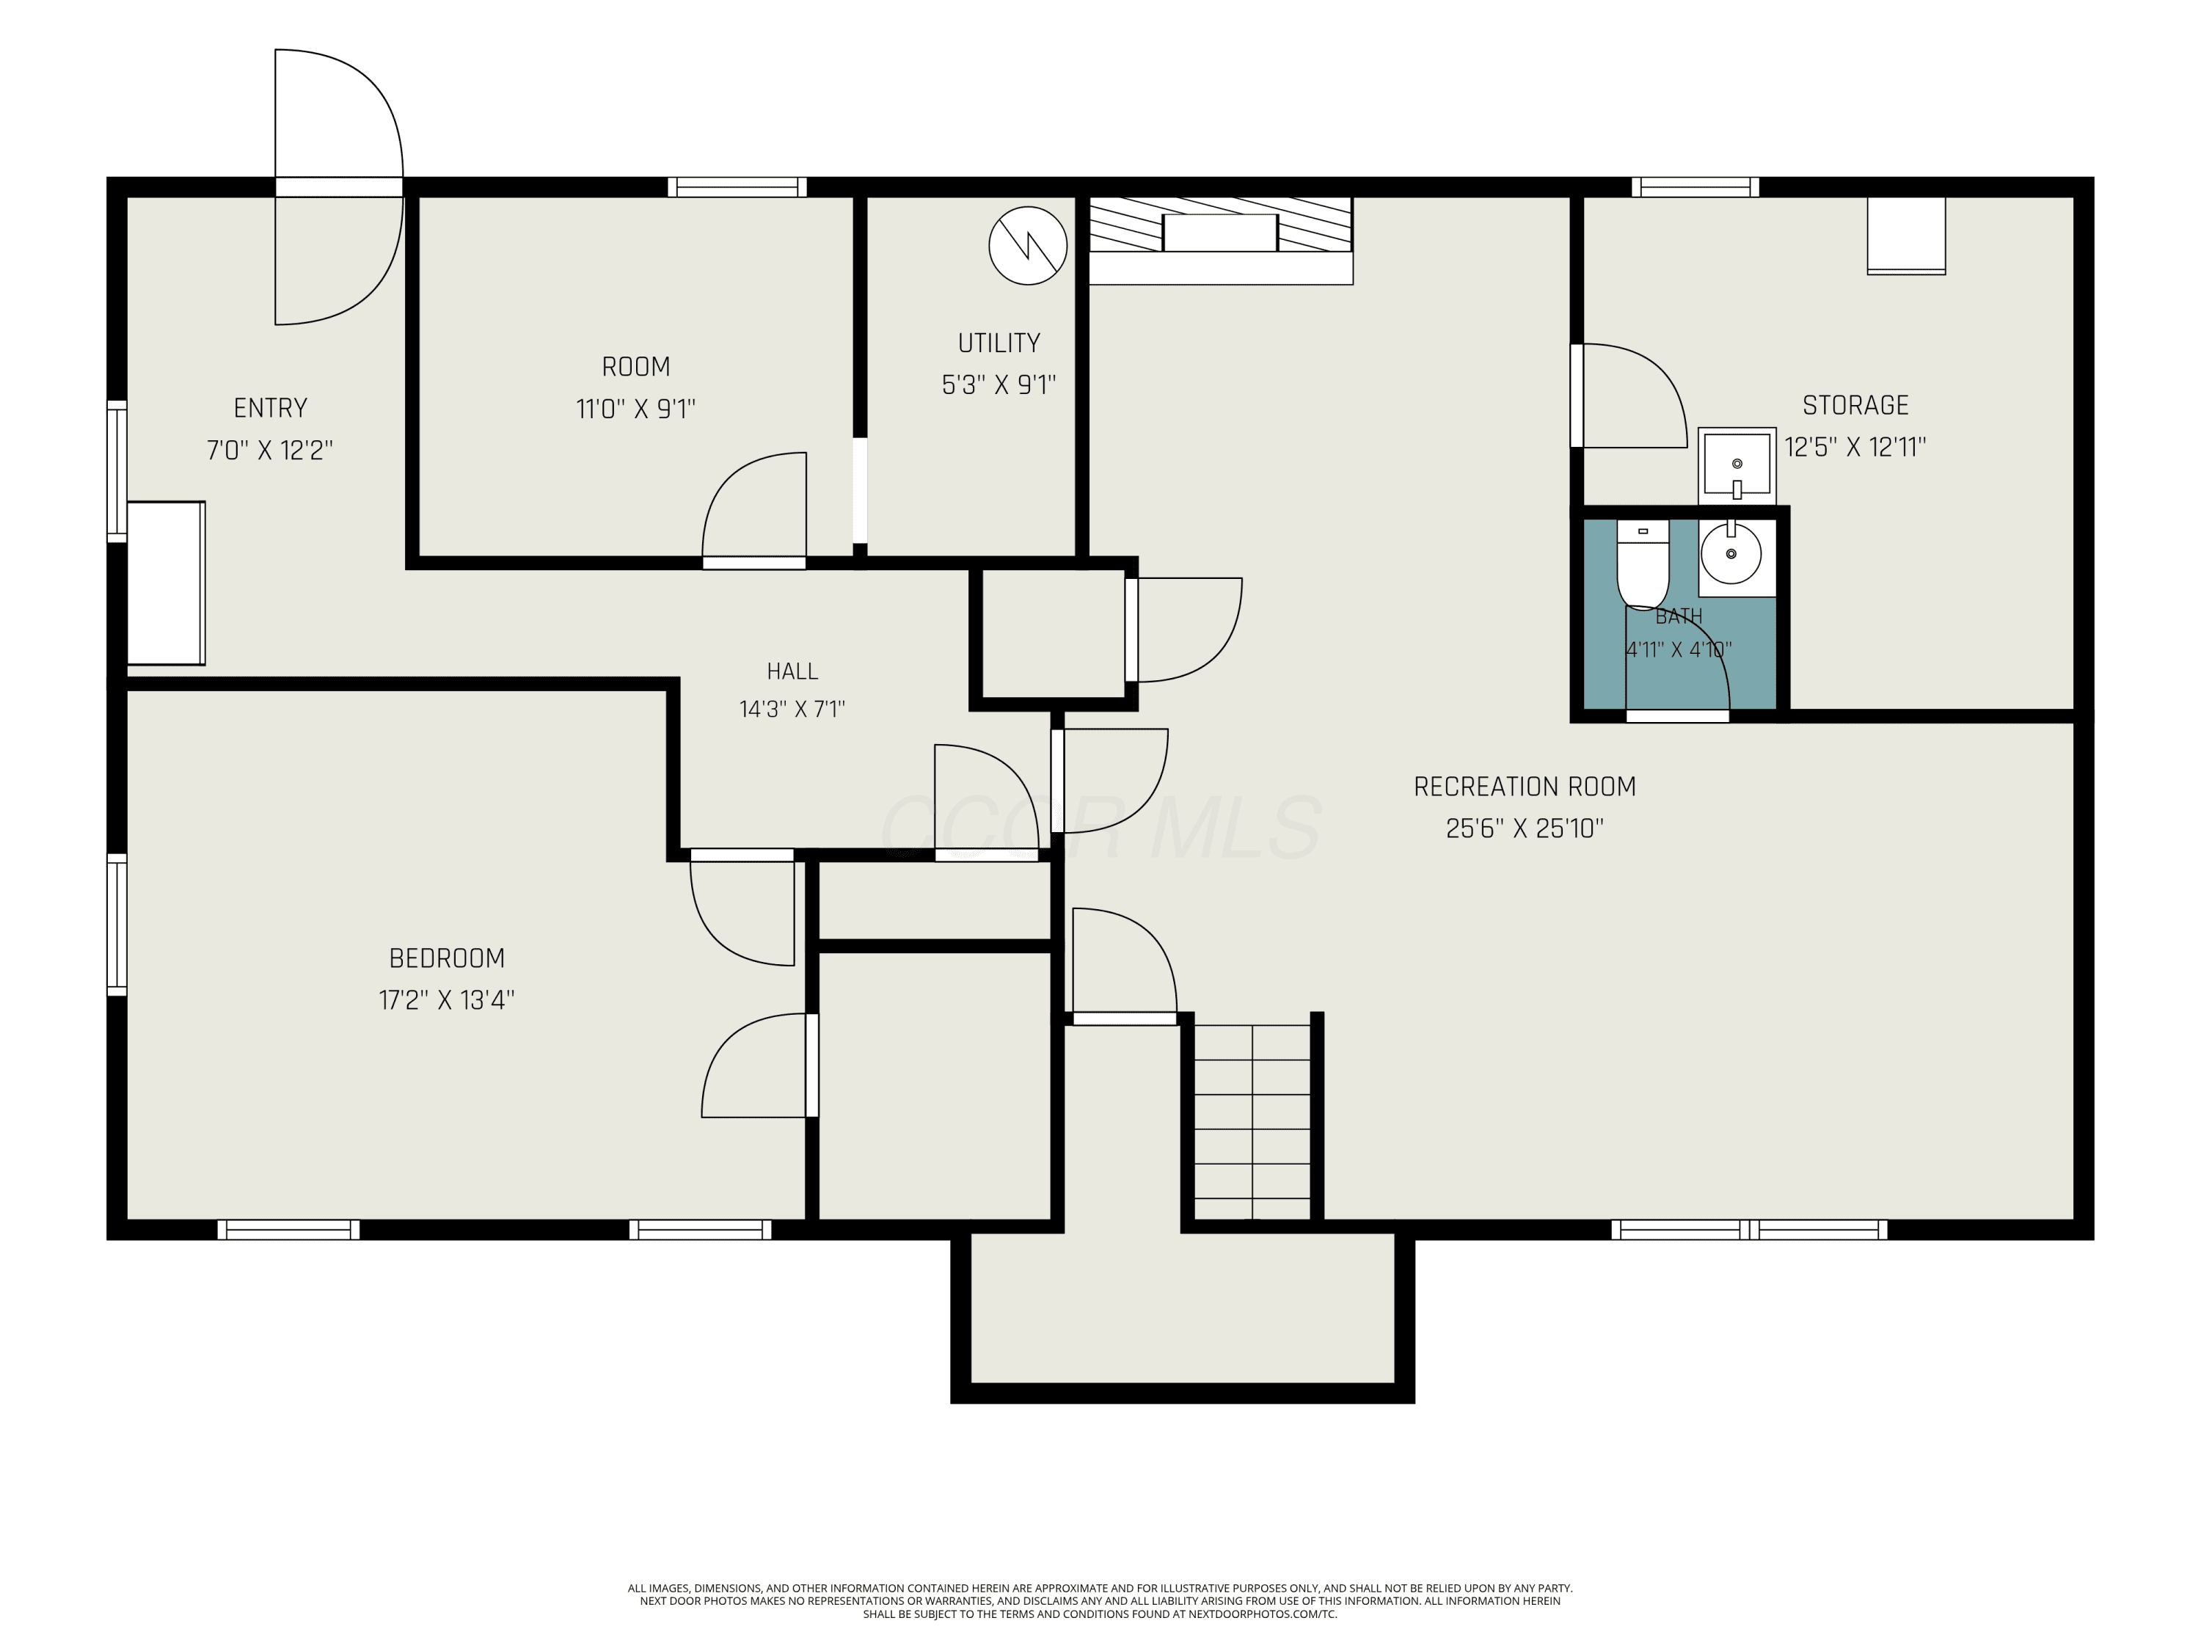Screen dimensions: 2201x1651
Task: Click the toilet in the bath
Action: point(1642,564)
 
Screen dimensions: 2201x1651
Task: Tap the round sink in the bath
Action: point(1731,553)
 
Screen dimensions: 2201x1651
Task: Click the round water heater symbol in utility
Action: point(1028,246)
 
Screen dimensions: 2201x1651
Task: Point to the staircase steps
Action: point(1252,1121)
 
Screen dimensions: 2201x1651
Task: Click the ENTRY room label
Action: point(271,408)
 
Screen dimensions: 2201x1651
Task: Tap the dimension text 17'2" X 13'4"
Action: point(447,1000)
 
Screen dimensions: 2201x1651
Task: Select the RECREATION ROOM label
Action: point(1525,787)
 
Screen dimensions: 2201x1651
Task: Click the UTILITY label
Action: point(999,343)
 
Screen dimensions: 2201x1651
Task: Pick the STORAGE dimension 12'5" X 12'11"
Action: point(1855,447)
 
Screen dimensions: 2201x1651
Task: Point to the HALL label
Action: point(792,671)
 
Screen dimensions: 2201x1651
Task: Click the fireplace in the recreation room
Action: point(1221,241)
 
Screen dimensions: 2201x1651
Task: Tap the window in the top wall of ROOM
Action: point(737,187)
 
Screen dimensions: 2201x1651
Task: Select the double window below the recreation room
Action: point(1748,1230)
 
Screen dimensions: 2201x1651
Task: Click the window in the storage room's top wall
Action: point(1696,187)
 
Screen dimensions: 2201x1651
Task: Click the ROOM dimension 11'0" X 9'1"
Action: point(636,409)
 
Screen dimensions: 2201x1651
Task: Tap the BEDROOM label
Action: point(447,958)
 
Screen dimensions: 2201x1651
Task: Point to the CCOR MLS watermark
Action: point(1100,827)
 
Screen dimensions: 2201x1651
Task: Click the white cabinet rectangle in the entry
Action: point(166,583)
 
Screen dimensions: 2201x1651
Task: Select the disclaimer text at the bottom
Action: point(1100,1601)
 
